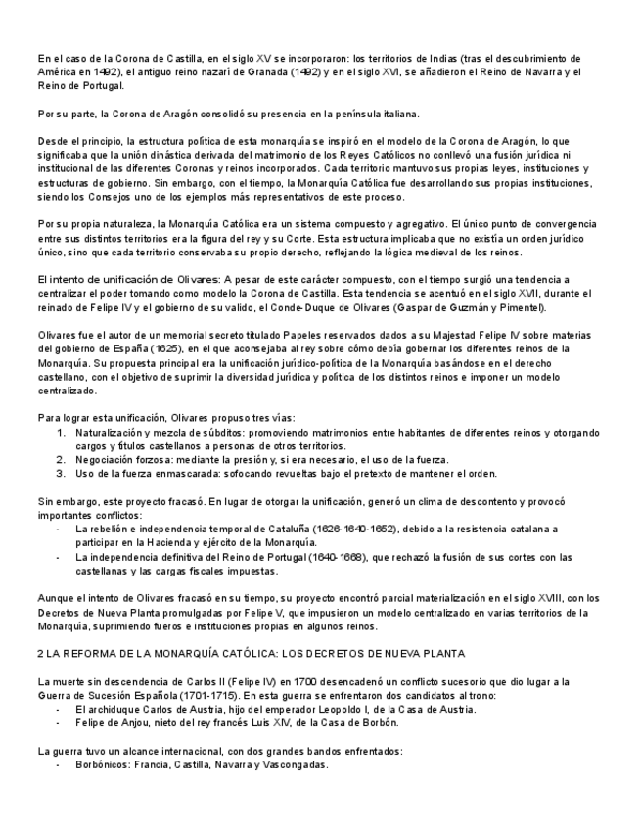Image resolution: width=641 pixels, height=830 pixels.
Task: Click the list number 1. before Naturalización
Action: coord(60,432)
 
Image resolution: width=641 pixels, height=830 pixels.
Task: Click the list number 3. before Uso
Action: coord(60,473)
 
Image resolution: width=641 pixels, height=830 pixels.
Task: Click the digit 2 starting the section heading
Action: coord(38,652)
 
